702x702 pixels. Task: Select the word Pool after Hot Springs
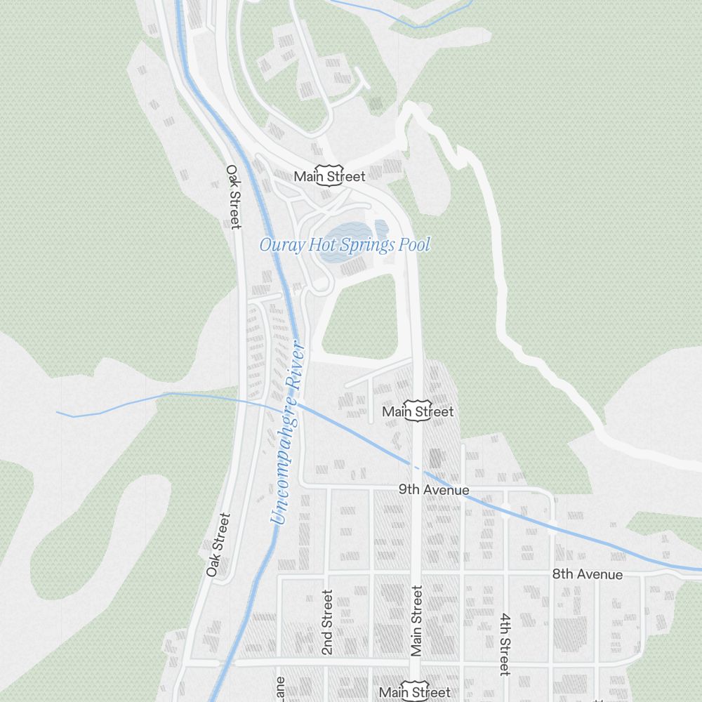coord(414,245)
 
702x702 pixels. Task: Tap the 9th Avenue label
coord(434,489)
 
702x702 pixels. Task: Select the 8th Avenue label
coord(587,574)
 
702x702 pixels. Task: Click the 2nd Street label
coord(327,623)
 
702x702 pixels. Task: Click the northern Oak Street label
coord(234,197)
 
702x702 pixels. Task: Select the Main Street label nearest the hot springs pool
coord(330,176)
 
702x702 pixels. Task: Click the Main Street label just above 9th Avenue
coord(418,411)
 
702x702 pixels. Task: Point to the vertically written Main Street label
coord(417,622)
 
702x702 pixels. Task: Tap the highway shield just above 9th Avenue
coord(419,413)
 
